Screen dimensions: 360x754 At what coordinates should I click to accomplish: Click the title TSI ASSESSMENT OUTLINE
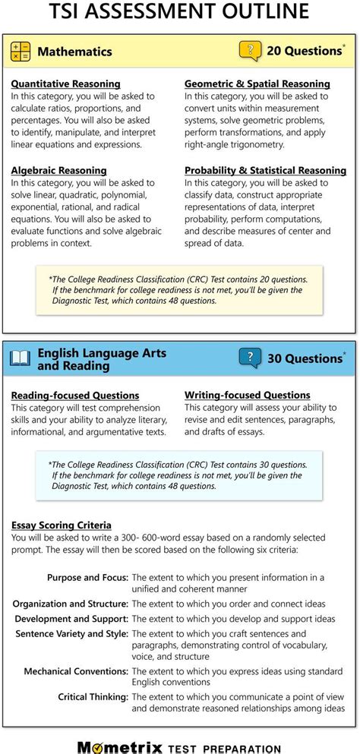[179, 13]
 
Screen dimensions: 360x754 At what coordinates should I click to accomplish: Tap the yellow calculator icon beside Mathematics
[21, 52]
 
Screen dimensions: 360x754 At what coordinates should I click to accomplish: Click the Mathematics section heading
[74, 52]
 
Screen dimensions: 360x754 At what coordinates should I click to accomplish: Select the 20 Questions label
[304, 52]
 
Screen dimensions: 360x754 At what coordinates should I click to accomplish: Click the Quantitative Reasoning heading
[65, 84]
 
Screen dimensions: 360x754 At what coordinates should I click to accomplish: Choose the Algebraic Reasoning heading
[58, 171]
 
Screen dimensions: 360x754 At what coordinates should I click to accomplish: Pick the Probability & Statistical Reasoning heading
[265, 171]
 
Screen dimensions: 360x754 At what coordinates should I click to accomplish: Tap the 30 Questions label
[304, 358]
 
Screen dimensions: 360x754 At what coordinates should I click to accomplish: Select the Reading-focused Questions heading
[74, 396]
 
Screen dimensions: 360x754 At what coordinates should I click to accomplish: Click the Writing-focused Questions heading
[247, 396]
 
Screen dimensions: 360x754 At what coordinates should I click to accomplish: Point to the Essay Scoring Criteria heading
[61, 525]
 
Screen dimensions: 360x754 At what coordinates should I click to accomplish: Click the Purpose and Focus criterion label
[87, 578]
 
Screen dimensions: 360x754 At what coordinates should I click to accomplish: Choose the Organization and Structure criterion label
[70, 604]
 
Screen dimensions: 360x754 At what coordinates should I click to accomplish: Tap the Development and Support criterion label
[71, 619]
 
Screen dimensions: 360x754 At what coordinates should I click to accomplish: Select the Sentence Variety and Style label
[71, 634]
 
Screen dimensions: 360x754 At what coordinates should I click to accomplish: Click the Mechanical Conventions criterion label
[75, 672]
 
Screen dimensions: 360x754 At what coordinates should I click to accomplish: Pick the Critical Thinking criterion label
[93, 696]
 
